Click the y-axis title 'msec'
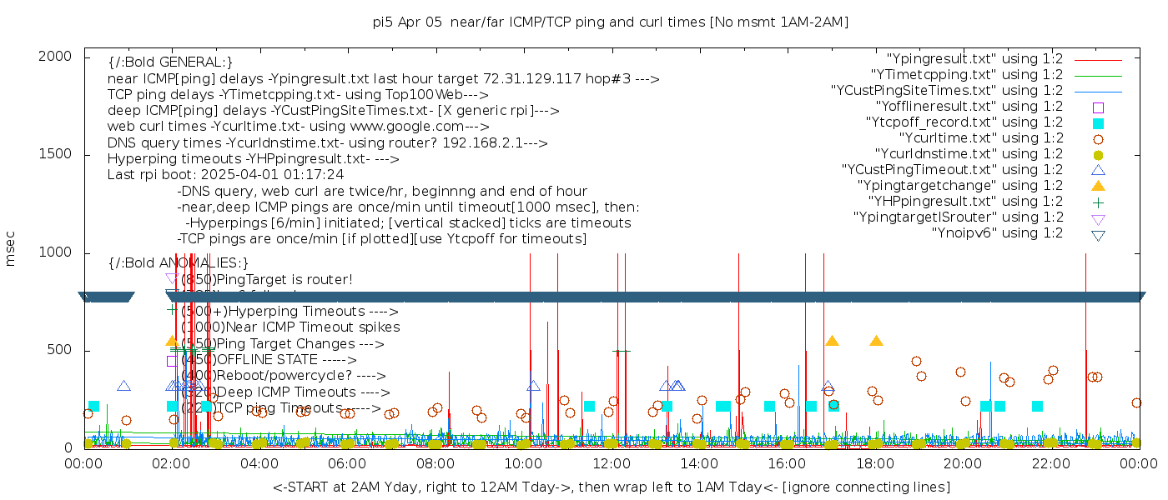[11, 248]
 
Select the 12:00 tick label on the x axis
[611, 462]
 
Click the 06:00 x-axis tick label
[347, 462]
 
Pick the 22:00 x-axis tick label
[1050, 462]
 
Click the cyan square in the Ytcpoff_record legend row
[1098, 122]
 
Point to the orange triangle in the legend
[1098, 186]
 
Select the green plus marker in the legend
[1098, 202]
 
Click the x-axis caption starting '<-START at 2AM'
[611, 487]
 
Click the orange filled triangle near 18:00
[876, 341]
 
